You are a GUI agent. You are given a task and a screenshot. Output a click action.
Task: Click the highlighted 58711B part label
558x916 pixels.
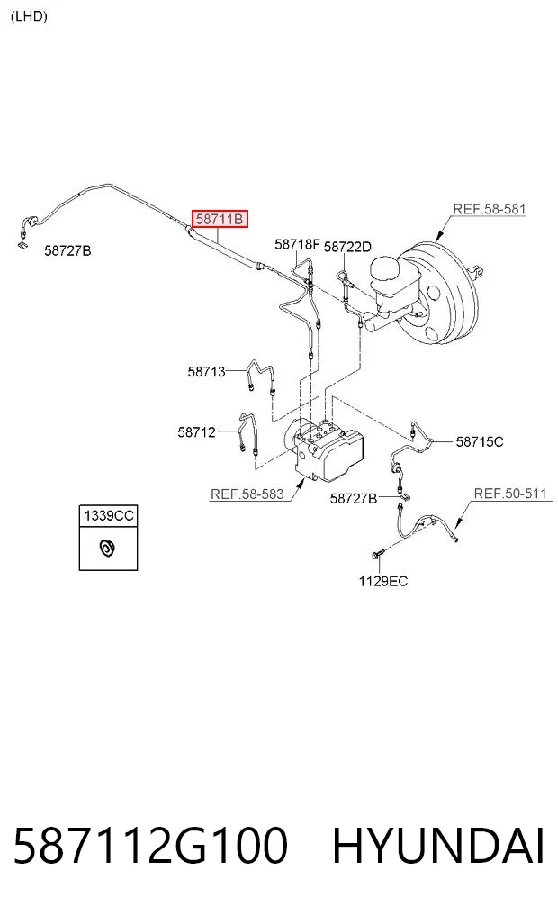point(220,219)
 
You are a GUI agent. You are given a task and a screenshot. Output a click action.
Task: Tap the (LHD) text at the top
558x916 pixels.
point(29,16)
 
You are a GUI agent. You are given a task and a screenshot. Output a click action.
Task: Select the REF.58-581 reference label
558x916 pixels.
point(489,209)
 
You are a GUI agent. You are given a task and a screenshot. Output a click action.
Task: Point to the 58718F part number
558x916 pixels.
point(298,244)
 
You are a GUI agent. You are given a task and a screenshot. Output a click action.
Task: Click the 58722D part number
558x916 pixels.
point(347,247)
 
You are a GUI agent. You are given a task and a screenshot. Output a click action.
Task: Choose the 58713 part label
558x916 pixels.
point(206,372)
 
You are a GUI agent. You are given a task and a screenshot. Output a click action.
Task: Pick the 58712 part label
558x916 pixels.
point(197,432)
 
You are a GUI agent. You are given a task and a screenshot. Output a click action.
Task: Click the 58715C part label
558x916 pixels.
point(479,441)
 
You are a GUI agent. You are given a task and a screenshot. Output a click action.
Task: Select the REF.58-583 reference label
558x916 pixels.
point(247,494)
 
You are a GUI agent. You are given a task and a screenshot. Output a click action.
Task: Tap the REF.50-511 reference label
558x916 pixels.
point(510,494)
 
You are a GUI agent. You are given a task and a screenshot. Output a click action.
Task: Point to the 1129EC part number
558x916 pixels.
point(382,581)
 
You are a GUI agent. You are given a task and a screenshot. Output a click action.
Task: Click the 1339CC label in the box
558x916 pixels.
point(109,515)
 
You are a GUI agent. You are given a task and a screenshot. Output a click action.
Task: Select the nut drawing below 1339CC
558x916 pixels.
point(107,549)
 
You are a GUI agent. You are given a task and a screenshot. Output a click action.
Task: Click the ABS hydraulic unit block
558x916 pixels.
point(323,449)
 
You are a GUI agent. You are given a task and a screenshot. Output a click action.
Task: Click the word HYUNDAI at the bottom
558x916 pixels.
point(438,845)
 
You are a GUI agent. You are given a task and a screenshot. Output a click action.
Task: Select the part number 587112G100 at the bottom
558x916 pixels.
point(150,845)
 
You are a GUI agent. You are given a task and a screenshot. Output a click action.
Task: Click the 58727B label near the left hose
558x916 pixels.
point(67,250)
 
